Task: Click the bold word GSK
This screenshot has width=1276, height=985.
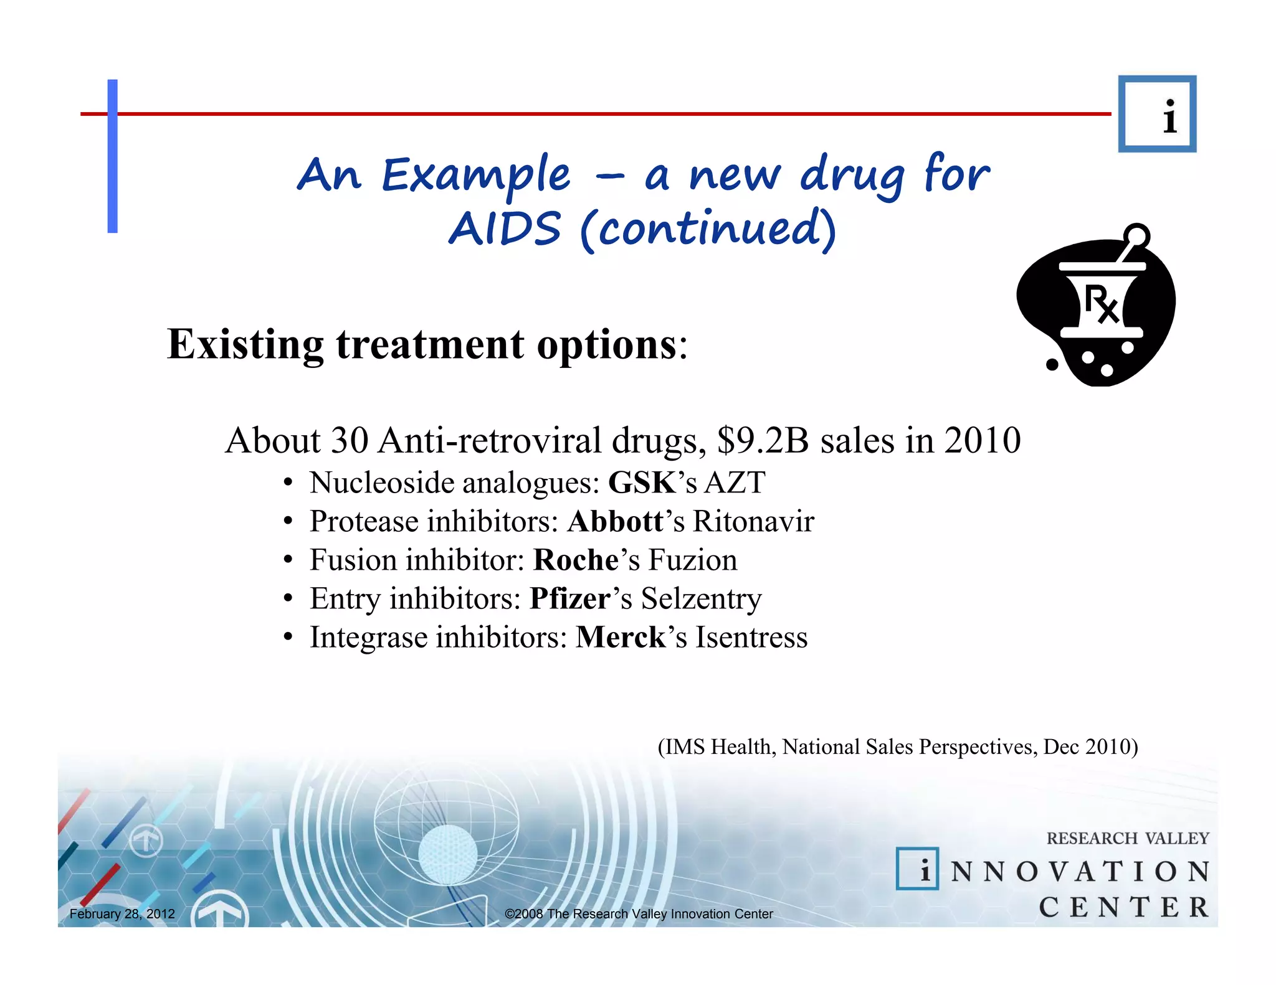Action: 642,483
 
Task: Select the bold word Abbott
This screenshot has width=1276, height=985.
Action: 615,522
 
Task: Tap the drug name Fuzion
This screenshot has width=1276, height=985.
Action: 692,560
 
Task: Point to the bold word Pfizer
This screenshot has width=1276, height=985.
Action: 569,599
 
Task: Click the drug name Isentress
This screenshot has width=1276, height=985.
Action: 751,638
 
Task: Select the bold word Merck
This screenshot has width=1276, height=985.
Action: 621,638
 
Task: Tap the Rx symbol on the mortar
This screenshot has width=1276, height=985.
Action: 1101,304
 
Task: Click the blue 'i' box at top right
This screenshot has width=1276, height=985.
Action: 1157,114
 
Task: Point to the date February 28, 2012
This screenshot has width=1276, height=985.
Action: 122,914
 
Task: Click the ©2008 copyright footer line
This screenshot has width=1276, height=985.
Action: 639,914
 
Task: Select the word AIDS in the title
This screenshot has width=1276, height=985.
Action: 505,229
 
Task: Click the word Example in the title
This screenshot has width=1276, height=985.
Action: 475,176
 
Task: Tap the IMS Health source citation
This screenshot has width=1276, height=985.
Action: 898,747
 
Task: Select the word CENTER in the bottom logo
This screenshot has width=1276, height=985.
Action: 1123,907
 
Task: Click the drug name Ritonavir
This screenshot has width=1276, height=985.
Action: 753,522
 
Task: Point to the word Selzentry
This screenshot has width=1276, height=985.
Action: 701,599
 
